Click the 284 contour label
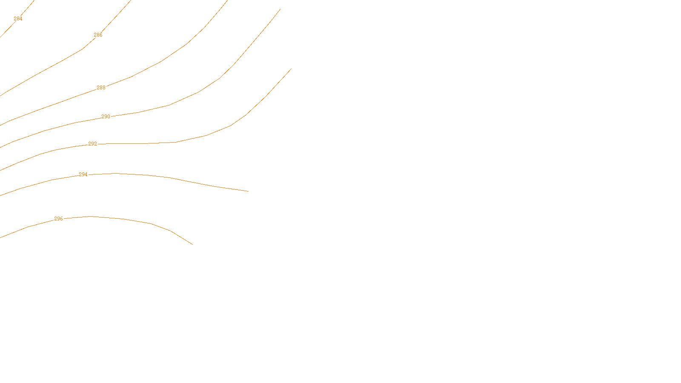tap(18, 19)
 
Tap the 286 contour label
tap(98, 35)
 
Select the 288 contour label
tap(101, 88)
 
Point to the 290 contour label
tap(106, 117)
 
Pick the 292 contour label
tap(92, 144)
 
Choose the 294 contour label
tap(83, 174)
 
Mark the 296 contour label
tap(58, 219)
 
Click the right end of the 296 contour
tap(192, 244)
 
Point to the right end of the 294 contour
tap(248, 191)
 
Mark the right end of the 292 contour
tap(291, 69)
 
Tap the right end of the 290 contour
tap(280, 9)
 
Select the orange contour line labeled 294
tap(170, 177)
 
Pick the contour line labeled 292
tap(206, 136)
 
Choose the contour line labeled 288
tap(160, 62)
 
